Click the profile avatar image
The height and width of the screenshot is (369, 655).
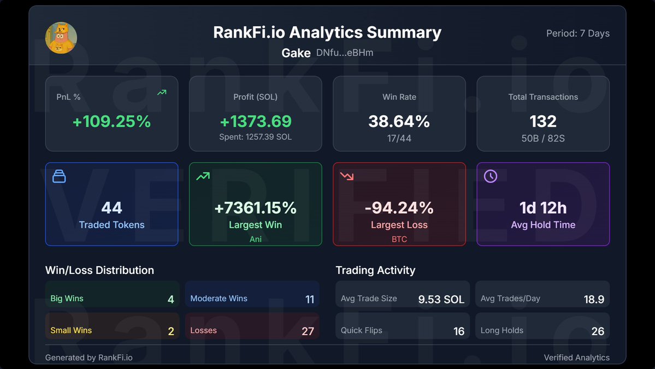tap(61, 38)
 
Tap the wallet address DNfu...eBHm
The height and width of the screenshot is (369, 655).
tap(345, 53)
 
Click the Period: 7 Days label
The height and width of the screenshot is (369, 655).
tap(577, 33)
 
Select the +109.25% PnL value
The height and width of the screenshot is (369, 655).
tap(111, 121)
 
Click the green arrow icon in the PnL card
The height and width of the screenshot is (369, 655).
tap(162, 93)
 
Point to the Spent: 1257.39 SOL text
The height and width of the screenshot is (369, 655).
tap(255, 137)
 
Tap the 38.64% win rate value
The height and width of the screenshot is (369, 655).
tap(399, 121)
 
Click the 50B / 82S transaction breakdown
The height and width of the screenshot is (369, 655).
tap(542, 138)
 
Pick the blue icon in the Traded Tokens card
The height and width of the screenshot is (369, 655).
tap(59, 176)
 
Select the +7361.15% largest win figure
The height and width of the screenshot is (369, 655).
tap(255, 208)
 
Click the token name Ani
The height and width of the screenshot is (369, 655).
tap(255, 239)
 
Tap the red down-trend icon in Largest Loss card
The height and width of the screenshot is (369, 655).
tap(346, 176)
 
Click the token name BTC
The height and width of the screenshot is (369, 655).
tap(399, 239)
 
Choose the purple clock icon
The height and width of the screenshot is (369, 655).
tap(491, 176)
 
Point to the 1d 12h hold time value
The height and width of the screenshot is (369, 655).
tap(542, 208)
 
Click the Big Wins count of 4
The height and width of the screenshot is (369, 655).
tap(170, 299)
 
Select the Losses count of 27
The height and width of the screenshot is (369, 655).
tap(308, 331)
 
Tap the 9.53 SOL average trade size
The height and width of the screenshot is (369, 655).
tap(441, 299)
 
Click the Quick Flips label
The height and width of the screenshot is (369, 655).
tap(361, 330)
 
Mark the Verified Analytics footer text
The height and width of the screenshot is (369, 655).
tap(576, 358)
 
